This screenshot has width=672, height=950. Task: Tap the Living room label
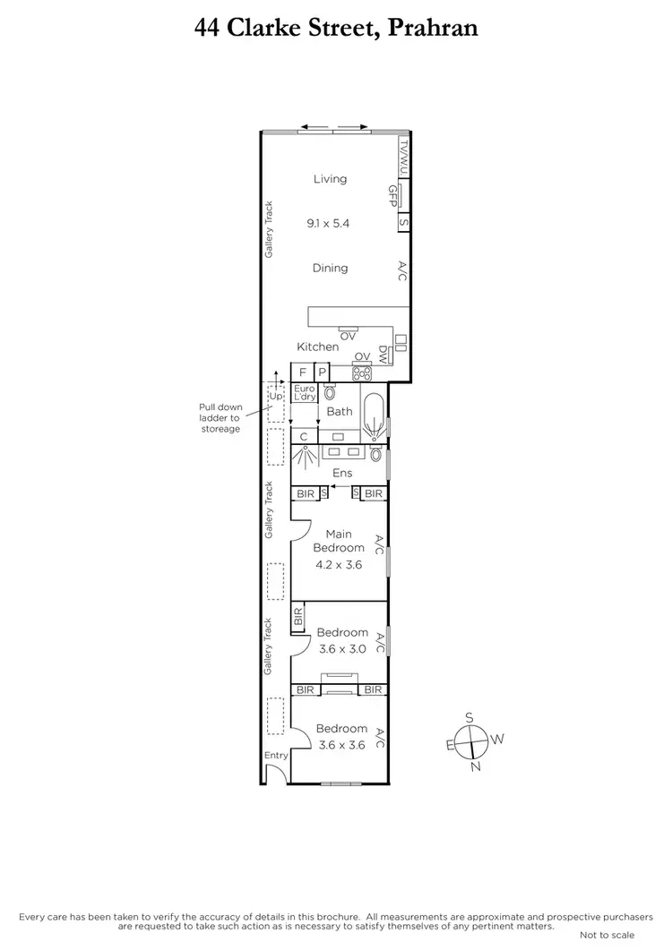(x=330, y=179)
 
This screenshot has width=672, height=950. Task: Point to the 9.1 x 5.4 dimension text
(x=328, y=223)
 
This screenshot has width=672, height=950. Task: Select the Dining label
(x=330, y=268)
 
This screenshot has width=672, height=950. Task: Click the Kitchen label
(x=318, y=347)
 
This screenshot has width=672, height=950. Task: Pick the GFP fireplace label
(x=392, y=196)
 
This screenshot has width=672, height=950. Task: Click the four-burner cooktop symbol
(x=363, y=372)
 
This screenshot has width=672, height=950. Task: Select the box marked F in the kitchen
(x=302, y=372)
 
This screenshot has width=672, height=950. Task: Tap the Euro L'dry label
(x=305, y=392)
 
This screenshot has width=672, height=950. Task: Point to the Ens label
(x=342, y=473)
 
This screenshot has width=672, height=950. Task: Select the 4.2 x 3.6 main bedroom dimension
(x=339, y=565)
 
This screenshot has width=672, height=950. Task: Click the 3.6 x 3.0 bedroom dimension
(x=342, y=649)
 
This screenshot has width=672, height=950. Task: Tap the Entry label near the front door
(x=276, y=756)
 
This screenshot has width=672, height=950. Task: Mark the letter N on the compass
(x=476, y=766)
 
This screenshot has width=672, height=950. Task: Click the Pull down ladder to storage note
(x=220, y=417)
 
